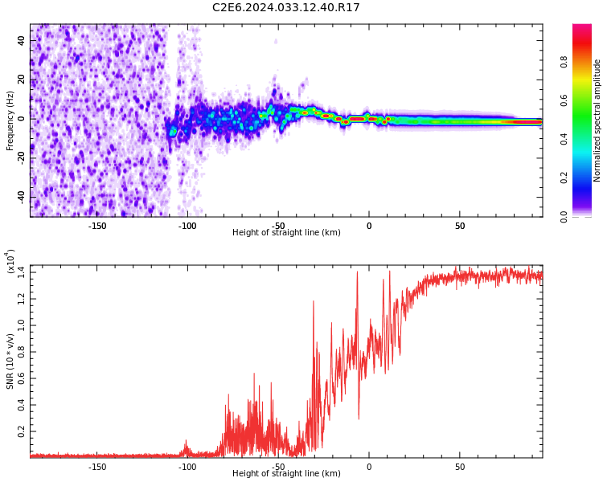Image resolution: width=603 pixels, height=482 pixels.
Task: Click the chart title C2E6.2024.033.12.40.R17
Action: click(286, 8)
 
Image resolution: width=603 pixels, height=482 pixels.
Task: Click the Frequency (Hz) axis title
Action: click(10, 120)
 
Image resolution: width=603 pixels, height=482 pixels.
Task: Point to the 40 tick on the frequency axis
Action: click(21, 40)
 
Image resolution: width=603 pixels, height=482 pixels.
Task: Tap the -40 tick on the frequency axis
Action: click(19, 197)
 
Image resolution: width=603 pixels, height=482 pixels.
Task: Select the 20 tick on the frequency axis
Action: click(21, 80)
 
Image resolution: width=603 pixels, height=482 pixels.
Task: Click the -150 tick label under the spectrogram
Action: click(96, 226)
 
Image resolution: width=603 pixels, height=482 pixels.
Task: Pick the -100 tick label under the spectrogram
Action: click(187, 226)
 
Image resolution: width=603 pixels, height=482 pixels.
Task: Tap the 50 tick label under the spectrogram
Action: click(459, 226)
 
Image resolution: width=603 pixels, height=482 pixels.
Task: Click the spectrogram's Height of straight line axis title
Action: click(286, 233)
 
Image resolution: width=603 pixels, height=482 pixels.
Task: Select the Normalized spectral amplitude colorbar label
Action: click(597, 120)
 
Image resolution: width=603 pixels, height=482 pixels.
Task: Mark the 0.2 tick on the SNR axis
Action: click(21, 431)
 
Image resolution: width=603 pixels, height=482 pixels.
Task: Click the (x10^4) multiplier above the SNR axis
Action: click(10, 262)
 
